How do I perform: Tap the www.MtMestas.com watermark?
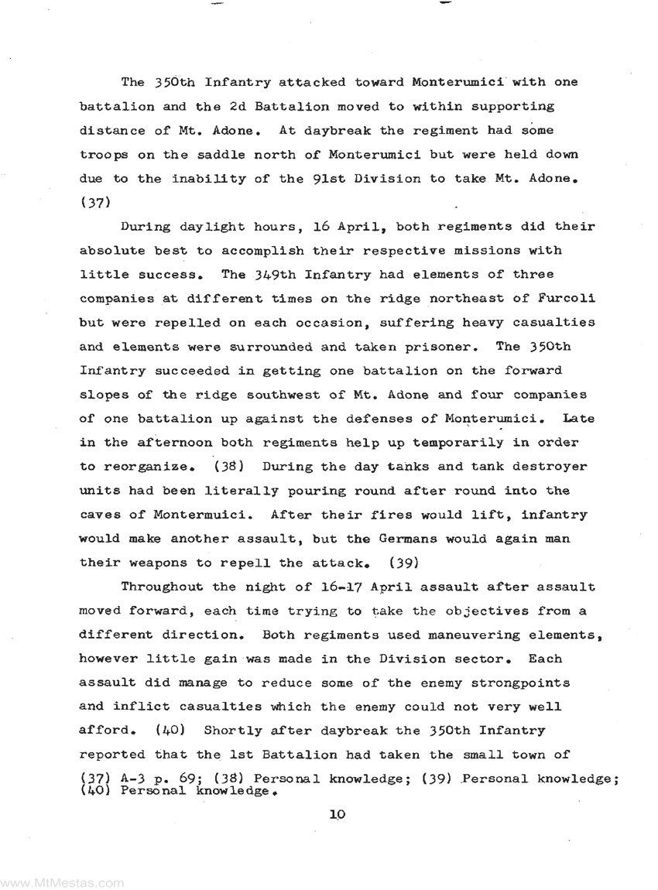(x=62, y=881)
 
